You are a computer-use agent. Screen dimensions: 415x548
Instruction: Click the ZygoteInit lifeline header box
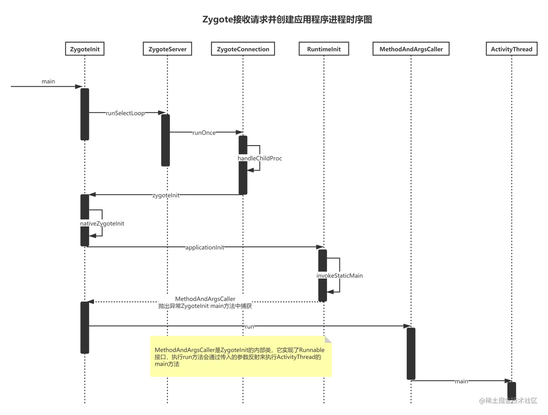(x=85, y=49)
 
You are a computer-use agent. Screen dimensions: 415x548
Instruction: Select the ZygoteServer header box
(x=167, y=49)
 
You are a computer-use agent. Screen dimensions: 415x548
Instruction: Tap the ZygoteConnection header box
(x=243, y=49)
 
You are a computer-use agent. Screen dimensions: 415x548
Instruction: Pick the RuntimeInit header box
(x=324, y=49)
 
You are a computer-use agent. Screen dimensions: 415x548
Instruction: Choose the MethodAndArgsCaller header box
(x=411, y=49)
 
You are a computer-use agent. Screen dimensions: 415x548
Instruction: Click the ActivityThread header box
(x=511, y=49)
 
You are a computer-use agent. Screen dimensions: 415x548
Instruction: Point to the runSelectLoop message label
(x=125, y=113)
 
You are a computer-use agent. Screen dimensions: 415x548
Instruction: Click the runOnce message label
(x=204, y=133)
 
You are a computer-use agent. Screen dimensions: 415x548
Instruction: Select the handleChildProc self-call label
(x=260, y=159)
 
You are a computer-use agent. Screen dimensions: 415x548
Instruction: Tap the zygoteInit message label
(x=166, y=196)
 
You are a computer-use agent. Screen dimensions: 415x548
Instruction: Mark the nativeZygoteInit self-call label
(x=102, y=223)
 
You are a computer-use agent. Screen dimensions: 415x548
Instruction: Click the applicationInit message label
(x=205, y=247)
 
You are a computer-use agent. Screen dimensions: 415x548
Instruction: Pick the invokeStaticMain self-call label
(x=339, y=276)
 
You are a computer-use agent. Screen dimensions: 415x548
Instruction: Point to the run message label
(x=249, y=326)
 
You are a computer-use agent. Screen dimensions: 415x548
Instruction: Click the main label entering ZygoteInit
(x=48, y=81)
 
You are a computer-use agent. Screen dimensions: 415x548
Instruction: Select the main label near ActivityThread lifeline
(x=461, y=381)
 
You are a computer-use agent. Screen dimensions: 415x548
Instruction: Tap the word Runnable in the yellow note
(x=312, y=350)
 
